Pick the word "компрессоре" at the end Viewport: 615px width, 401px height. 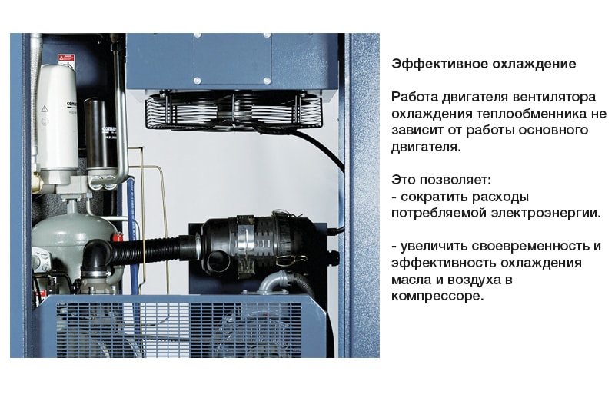click(x=437, y=297)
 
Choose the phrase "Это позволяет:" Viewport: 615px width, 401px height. click(x=441, y=181)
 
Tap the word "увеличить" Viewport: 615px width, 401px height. click(x=434, y=247)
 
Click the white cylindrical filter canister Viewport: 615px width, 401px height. click(x=57, y=121)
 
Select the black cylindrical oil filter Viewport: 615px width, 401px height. click(x=101, y=135)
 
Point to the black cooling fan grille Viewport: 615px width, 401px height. click(x=234, y=110)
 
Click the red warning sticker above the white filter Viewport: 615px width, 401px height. click(x=66, y=59)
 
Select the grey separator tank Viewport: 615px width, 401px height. click(x=71, y=239)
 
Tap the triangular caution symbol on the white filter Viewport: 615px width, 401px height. click(x=45, y=108)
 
